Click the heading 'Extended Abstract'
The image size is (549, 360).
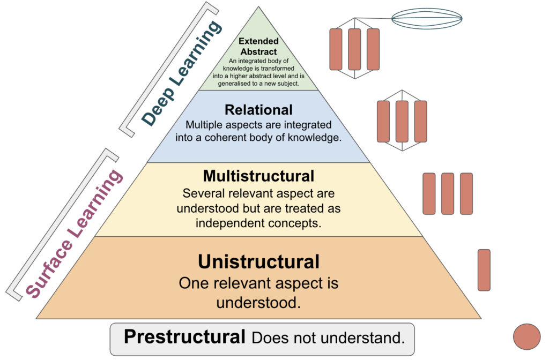point(258,46)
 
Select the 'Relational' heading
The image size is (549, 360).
point(258,110)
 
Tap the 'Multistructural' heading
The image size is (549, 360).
point(258,176)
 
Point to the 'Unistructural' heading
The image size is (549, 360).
point(258,262)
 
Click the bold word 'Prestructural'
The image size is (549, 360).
point(184,337)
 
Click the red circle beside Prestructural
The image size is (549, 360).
point(526,336)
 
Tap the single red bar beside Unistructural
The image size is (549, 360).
point(484,270)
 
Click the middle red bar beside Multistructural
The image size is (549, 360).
point(448,193)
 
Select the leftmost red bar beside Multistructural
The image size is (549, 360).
point(429,193)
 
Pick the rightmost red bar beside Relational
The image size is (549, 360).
point(421,122)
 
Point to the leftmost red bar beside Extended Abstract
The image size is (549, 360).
point(336,49)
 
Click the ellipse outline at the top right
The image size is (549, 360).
point(427,19)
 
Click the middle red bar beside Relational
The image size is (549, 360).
point(402,122)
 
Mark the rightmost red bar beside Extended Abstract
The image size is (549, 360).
point(373,49)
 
